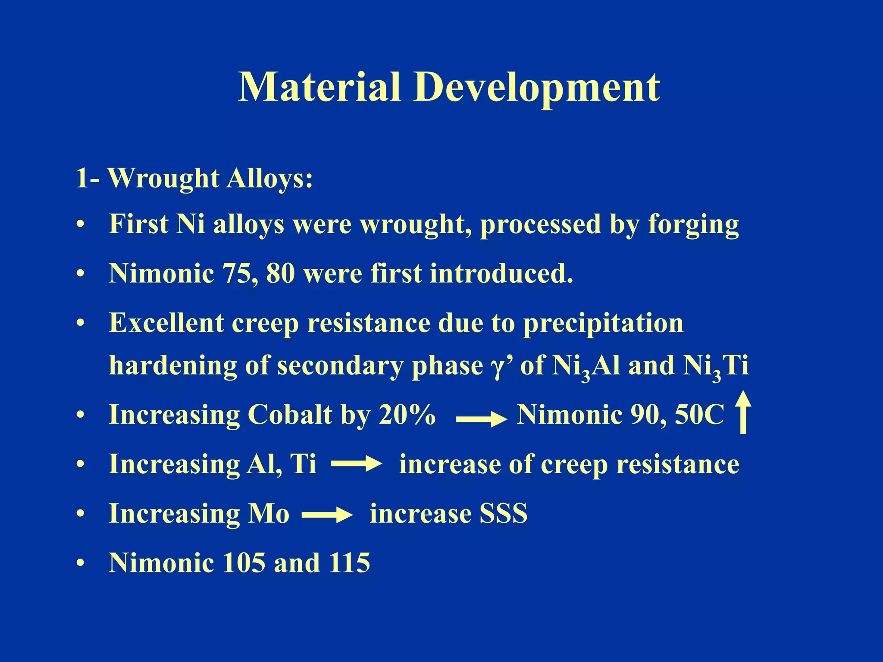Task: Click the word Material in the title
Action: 319,87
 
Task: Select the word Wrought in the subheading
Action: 163,178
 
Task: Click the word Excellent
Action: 166,323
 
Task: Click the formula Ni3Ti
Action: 716,366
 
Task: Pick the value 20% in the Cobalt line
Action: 407,415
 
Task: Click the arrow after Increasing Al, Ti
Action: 356,464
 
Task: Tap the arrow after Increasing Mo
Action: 327,515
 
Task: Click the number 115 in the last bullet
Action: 349,563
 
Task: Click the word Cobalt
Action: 290,415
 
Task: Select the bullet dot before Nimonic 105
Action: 80,563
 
